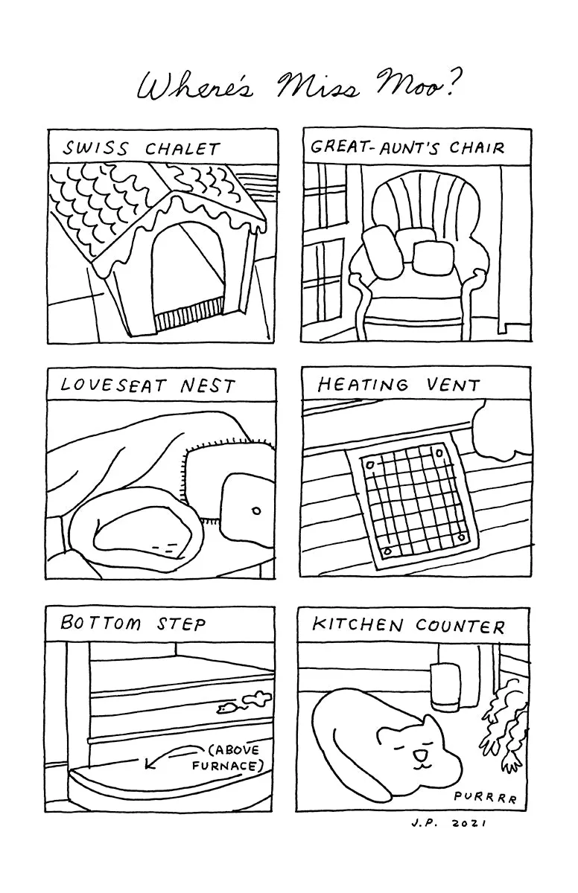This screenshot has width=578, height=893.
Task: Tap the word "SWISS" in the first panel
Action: [95, 149]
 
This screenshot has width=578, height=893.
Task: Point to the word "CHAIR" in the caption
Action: [477, 148]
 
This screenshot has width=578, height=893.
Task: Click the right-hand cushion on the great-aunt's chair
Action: [433, 258]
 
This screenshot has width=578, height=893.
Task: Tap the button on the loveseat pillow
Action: [256, 510]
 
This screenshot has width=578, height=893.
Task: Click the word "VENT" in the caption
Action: [453, 385]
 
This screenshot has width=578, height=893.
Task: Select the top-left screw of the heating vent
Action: [369, 465]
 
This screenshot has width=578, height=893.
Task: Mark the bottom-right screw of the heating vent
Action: [462, 537]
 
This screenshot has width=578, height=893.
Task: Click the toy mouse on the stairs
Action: [225, 708]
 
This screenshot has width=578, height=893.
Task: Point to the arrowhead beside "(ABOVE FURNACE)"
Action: [149, 764]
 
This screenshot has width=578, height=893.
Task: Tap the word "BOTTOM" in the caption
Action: [101, 623]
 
